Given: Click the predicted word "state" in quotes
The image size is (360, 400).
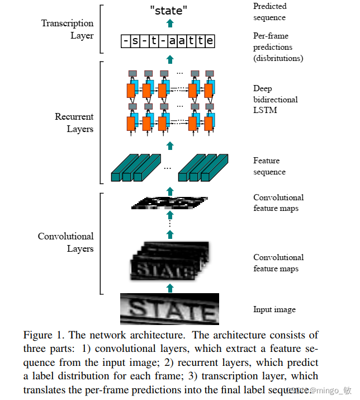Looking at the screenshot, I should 169,10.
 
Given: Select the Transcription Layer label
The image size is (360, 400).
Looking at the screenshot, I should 67,29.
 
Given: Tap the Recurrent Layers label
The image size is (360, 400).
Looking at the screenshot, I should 74,123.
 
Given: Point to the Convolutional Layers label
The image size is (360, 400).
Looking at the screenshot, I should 65,242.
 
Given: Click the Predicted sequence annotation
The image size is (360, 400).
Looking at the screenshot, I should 269,12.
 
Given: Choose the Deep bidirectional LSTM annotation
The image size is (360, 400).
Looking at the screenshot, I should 275,99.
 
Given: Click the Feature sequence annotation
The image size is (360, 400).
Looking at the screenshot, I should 269,166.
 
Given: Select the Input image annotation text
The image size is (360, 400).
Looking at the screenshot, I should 274,309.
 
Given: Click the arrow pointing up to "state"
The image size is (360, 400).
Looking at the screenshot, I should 170,23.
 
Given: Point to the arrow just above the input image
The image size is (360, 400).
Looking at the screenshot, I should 170,288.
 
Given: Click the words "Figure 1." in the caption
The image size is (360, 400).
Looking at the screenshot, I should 42,335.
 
